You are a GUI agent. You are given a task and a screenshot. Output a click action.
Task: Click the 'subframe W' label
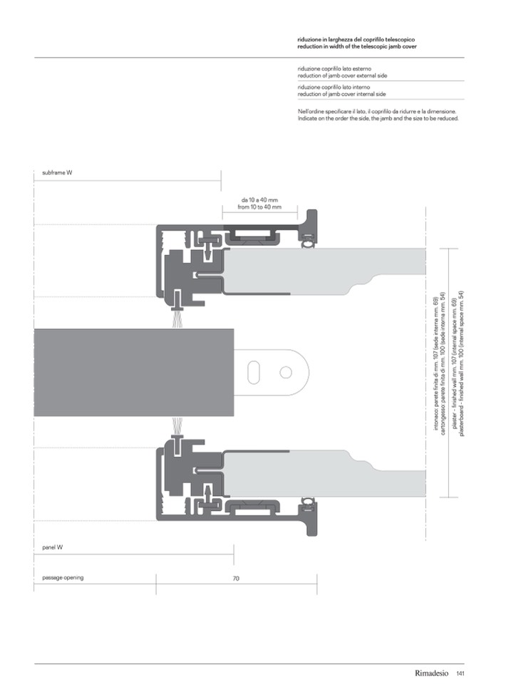pyautogui.click(x=57, y=172)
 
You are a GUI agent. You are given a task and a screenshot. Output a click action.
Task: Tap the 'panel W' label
pyautogui.click(x=52, y=547)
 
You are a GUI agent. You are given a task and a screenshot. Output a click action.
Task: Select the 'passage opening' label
pyautogui.click(x=63, y=578)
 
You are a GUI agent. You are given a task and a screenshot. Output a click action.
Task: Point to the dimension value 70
pyautogui.click(x=236, y=578)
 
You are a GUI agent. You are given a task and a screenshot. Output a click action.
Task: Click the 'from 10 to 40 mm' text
pyautogui.click(x=259, y=207)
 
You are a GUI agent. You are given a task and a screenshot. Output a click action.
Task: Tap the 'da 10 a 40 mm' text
pyautogui.click(x=259, y=200)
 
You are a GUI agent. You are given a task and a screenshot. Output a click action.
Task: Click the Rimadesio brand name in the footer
pyautogui.click(x=432, y=673)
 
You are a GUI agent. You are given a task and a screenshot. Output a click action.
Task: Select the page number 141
pyautogui.click(x=460, y=673)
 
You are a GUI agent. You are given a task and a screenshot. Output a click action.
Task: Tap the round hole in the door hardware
pyautogui.click(x=285, y=372)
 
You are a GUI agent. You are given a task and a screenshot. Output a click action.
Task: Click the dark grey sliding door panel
pyautogui.click(x=134, y=373)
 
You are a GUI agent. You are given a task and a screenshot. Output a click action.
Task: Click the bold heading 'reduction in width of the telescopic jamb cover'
pyautogui.click(x=357, y=46)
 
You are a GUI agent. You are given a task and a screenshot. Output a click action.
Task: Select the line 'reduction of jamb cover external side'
pyautogui.click(x=342, y=76)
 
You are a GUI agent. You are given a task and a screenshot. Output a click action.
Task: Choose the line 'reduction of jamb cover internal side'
pyautogui.click(x=342, y=94)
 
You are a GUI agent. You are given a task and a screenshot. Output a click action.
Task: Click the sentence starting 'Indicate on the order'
pyautogui.click(x=378, y=118)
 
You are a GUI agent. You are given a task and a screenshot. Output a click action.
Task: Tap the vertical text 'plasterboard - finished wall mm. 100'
pyautogui.click(x=462, y=364)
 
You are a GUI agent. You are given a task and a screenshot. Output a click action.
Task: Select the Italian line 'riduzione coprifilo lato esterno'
pyautogui.click(x=334, y=69)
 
